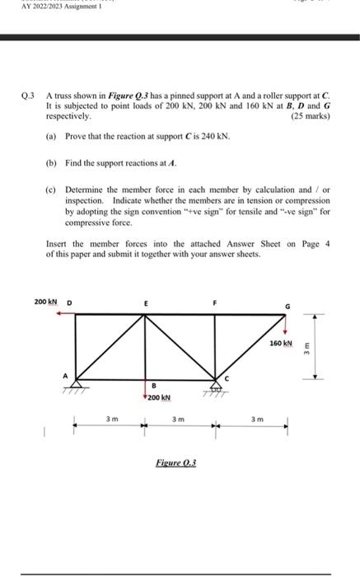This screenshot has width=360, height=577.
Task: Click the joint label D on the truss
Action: tap(68, 303)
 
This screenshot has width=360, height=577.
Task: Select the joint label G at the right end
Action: tap(287, 307)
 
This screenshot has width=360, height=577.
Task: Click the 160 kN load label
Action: tap(280, 342)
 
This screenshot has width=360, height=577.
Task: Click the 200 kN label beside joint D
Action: tap(45, 303)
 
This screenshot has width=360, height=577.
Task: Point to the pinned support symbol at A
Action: tap(77, 384)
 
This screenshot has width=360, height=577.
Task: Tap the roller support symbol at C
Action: tap(217, 385)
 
